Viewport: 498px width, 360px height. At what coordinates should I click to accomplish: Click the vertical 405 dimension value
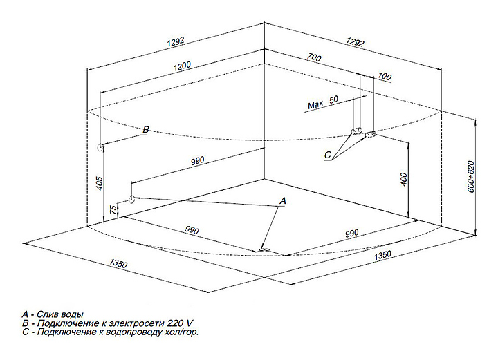click(x=100, y=184)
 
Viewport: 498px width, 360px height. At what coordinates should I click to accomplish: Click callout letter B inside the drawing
click(x=145, y=129)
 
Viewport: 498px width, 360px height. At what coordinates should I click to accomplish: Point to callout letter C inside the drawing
click(x=328, y=155)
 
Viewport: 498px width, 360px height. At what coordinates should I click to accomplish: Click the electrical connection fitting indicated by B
click(x=102, y=146)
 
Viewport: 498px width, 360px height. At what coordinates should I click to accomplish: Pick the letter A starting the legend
click(x=25, y=314)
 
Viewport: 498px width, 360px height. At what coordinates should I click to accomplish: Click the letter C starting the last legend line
click(x=25, y=332)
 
